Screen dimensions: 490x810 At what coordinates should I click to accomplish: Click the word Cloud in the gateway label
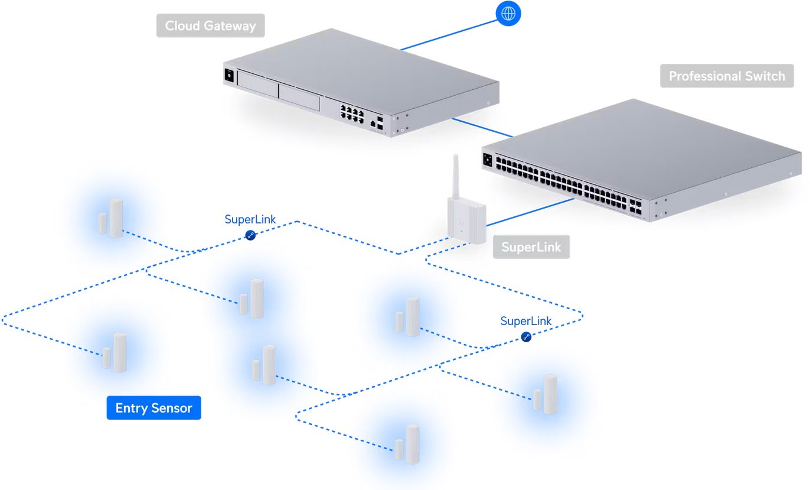point(182,26)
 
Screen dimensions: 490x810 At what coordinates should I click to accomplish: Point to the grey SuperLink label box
point(531,247)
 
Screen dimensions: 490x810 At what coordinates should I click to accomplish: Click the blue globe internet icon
point(508,13)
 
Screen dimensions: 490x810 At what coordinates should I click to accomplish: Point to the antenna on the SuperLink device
point(455,176)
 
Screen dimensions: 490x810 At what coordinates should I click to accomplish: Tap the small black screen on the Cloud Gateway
point(228,76)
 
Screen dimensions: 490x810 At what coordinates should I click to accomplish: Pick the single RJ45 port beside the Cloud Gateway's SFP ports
point(373,124)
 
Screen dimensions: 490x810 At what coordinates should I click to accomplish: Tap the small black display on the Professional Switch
point(488,159)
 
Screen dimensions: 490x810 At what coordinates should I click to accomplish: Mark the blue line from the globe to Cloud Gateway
point(449,35)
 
